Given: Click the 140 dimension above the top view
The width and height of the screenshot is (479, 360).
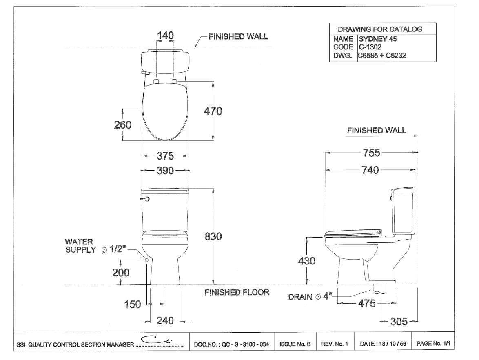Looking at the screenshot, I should tap(165, 36).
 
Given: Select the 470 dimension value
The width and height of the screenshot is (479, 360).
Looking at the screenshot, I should tap(213, 111).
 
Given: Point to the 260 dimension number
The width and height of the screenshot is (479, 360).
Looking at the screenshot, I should tap(122, 125).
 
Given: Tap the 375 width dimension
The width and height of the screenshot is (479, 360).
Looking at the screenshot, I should tap(165, 156).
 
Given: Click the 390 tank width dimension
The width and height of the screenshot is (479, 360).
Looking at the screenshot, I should tap(165, 171).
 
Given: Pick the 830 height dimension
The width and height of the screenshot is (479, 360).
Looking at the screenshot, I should tap(213, 237).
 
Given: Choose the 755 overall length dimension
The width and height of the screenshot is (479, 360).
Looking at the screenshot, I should tap(371, 153).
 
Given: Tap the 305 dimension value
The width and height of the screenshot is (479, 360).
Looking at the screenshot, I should tap(398, 322).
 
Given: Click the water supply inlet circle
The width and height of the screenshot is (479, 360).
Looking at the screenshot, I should tap(146, 260).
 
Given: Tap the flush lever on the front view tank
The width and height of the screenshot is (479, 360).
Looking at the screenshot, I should tap(145, 199).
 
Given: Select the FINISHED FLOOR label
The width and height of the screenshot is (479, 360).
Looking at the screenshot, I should tap(237, 292).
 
